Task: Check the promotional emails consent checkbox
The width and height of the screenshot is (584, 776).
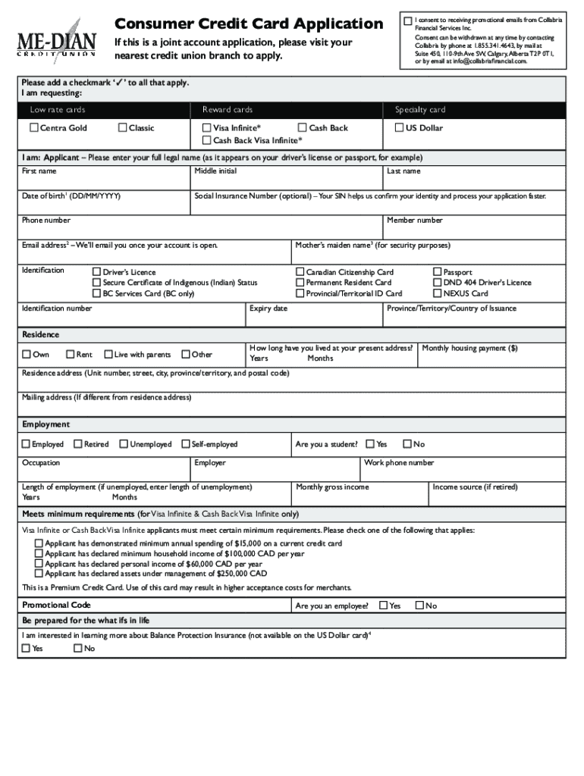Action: point(408,20)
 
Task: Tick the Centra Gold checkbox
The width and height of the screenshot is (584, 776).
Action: point(34,128)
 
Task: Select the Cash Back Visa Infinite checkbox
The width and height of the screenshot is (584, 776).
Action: point(206,140)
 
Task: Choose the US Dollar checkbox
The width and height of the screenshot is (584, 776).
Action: point(399,128)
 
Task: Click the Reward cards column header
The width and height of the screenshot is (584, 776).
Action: point(228,110)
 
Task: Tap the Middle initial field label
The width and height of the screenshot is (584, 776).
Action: point(215,171)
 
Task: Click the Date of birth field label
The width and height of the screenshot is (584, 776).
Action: point(71,196)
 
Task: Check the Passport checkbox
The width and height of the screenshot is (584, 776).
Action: point(437,272)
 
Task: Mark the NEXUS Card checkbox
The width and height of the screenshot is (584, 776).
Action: point(437,293)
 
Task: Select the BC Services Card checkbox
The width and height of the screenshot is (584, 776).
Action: point(96,293)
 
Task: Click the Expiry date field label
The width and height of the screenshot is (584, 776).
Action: point(268,308)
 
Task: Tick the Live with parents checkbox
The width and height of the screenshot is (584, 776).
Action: point(108,354)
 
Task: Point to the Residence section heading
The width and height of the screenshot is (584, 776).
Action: point(40,334)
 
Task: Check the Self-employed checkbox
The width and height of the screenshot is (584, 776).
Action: point(186,444)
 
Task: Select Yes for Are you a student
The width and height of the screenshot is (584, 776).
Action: point(369,444)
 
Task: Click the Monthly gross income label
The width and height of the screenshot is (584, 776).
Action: point(332,487)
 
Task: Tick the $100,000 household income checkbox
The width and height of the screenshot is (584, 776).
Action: point(39,554)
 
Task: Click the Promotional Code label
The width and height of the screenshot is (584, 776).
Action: point(56,605)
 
